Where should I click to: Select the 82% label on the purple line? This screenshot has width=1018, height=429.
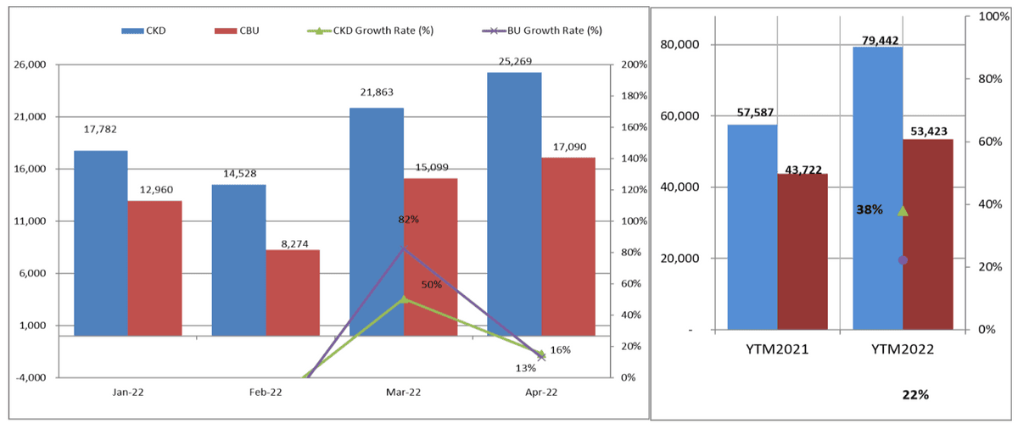click(x=409, y=220)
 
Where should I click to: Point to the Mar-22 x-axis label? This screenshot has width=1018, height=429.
click(x=403, y=392)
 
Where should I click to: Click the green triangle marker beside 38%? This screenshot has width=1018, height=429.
click(x=903, y=210)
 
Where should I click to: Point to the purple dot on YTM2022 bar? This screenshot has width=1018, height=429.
click(x=903, y=259)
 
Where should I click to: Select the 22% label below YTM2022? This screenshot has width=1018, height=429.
click(x=916, y=395)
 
